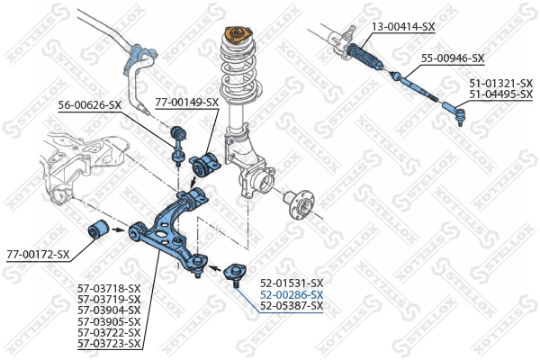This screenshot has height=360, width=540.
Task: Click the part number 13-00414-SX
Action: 403,27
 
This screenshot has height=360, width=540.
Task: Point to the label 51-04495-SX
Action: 499,94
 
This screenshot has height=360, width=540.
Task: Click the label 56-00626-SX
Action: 90,105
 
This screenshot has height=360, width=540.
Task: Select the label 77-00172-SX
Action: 38,255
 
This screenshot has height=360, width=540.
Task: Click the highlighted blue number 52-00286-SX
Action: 291,294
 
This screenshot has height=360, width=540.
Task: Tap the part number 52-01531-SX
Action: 291,283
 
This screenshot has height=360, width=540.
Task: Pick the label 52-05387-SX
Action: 291,306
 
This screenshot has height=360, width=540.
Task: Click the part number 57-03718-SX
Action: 109,288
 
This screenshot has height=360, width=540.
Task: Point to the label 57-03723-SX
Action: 109,344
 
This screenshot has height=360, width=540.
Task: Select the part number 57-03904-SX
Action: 109,310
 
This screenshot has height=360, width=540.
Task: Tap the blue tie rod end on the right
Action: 454,114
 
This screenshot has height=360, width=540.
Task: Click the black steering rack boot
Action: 366,53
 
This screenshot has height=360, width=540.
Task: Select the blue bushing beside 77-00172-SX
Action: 100,229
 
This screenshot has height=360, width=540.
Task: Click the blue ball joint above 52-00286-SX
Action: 235,271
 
